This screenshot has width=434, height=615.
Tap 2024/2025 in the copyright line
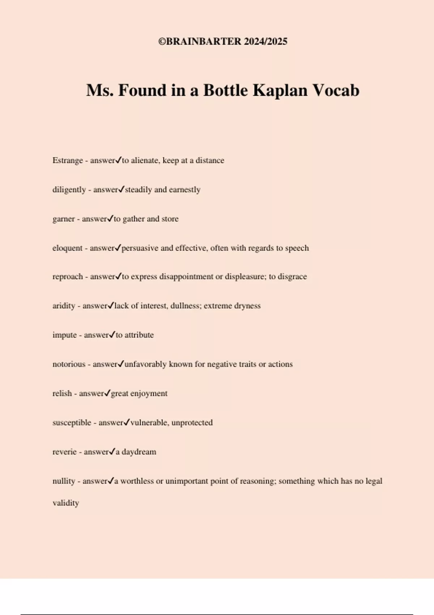265,42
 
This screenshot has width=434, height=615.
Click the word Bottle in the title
226,90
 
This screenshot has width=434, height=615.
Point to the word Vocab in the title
336,90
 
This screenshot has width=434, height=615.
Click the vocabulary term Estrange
68,161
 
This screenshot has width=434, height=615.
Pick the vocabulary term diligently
69,190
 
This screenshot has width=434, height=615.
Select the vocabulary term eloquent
68,248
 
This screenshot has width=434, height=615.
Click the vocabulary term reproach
68,277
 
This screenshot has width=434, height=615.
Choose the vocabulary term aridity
64,306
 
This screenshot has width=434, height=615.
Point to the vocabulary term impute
64,335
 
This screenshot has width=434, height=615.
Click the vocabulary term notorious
69,364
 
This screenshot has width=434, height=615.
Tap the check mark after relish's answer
107,393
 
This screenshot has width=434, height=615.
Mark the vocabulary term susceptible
72,423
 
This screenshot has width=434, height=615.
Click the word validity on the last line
66,503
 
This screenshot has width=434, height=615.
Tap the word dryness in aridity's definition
247,306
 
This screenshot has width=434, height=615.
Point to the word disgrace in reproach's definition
292,277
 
